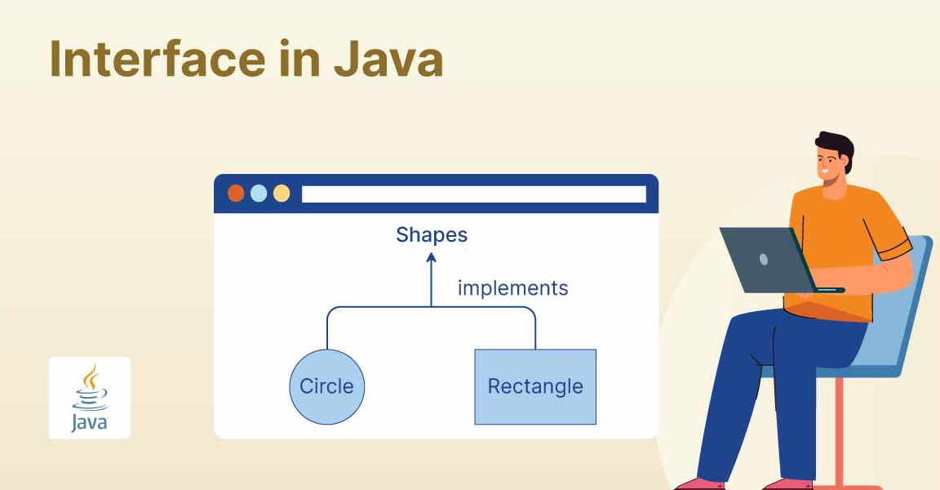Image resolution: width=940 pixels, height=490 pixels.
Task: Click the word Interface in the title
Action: (157, 59)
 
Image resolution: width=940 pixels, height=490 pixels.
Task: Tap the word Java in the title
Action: (388, 59)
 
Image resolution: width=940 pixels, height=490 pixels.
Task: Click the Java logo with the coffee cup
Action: (89, 398)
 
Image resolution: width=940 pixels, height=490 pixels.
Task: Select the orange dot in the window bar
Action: (236, 194)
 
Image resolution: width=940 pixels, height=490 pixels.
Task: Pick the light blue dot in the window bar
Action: (259, 194)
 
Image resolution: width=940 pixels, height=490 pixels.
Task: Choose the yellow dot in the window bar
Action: (282, 194)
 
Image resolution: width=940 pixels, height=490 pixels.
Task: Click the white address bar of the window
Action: (473, 194)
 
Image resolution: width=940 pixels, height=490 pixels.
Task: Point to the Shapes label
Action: (432, 235)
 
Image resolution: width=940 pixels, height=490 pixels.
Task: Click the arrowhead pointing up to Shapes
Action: (431, 258)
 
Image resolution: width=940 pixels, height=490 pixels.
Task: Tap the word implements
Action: (512, 288)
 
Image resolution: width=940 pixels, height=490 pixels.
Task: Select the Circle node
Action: (326, 387)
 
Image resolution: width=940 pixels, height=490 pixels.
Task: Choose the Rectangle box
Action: (535, 387)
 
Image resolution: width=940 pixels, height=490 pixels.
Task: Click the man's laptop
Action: (774, 261)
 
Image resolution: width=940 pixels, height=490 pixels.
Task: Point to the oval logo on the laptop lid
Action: (764, 259)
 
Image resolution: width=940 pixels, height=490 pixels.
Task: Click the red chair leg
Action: (840, 433)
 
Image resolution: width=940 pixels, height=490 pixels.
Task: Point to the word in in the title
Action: (299, 59)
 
